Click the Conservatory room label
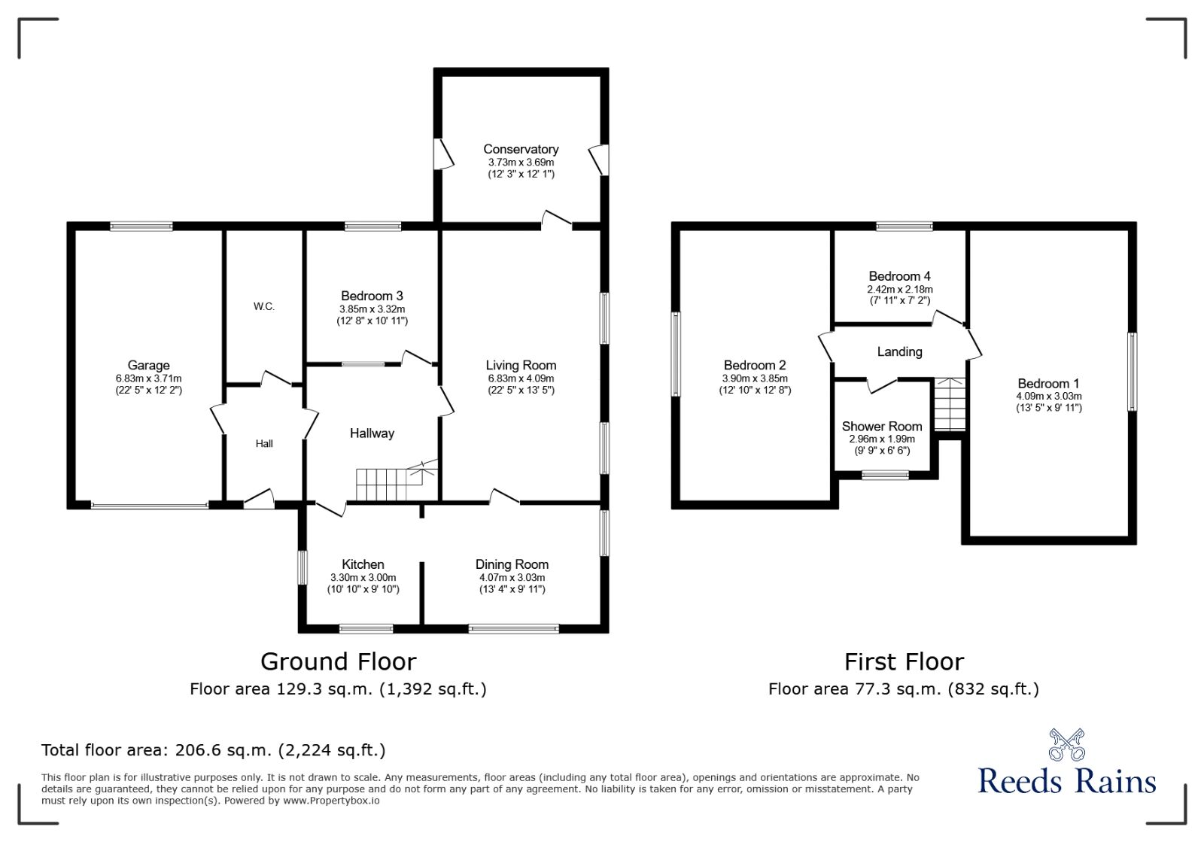521,149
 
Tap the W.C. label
264,306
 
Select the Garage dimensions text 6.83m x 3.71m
148,378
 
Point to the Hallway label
372,433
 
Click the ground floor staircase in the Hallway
397,481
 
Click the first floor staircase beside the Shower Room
950,404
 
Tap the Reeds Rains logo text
1066,781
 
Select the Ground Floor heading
338,661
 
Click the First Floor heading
904,661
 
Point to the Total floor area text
214,750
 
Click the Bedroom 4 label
899,276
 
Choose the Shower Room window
885,475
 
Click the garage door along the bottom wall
150,505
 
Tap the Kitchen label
363,564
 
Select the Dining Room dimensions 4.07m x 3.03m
512,578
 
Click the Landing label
899,351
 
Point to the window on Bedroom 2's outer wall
676,354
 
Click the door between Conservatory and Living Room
556,220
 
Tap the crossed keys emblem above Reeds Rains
1067,745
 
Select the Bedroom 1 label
1048,384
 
